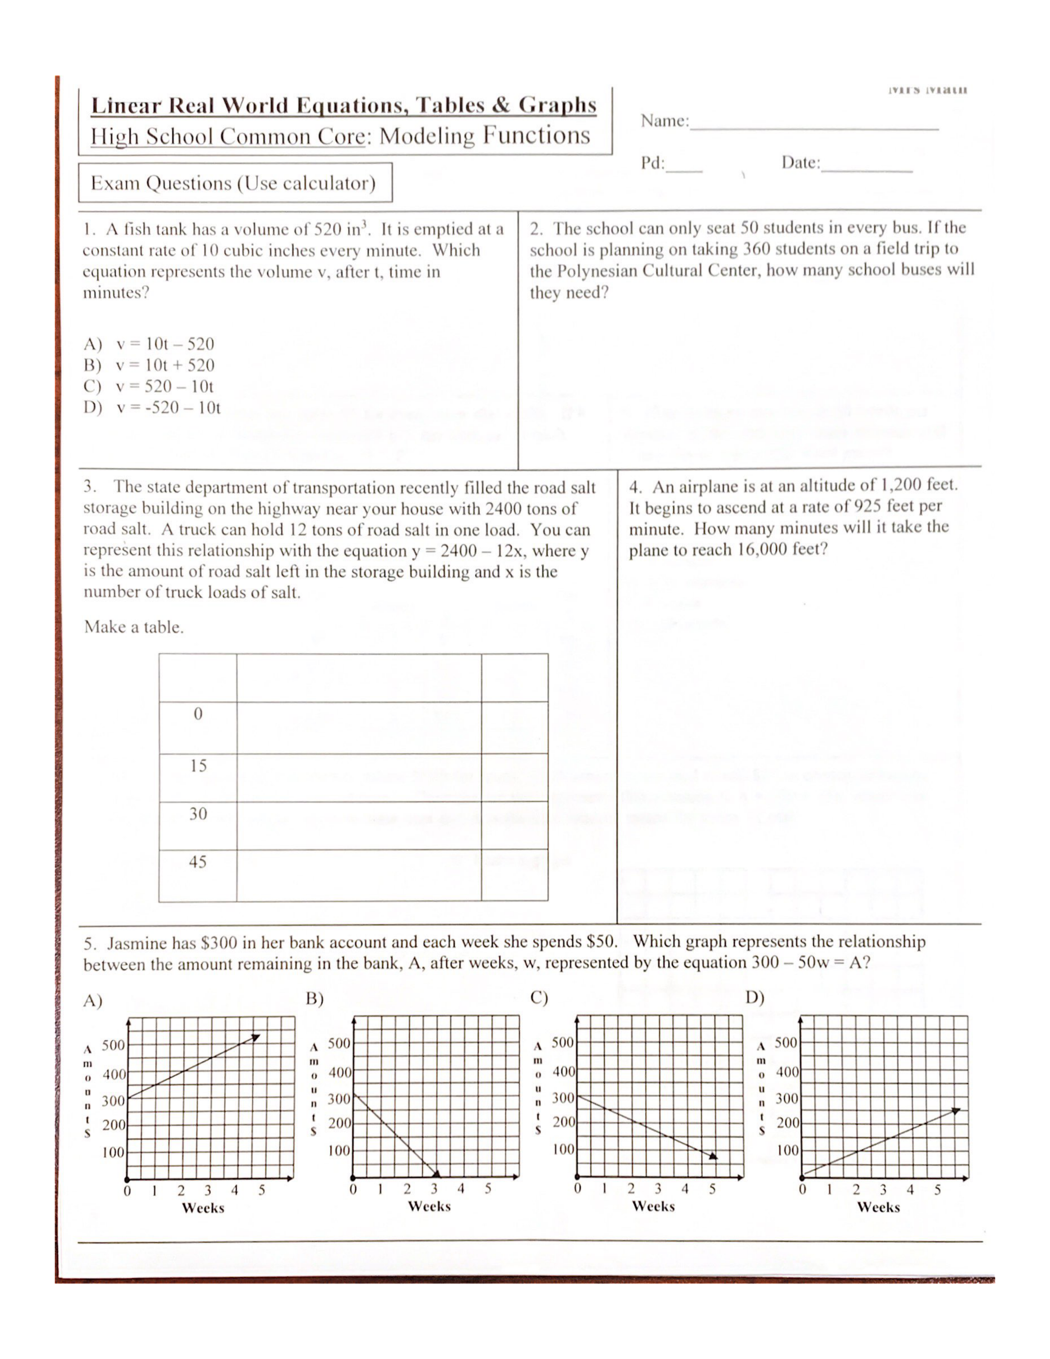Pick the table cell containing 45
click(198, 862)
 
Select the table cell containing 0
click(198, 714)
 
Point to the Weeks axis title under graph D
click(878, 1207)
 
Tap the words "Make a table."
click(134, 627)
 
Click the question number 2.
click(535, 229)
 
